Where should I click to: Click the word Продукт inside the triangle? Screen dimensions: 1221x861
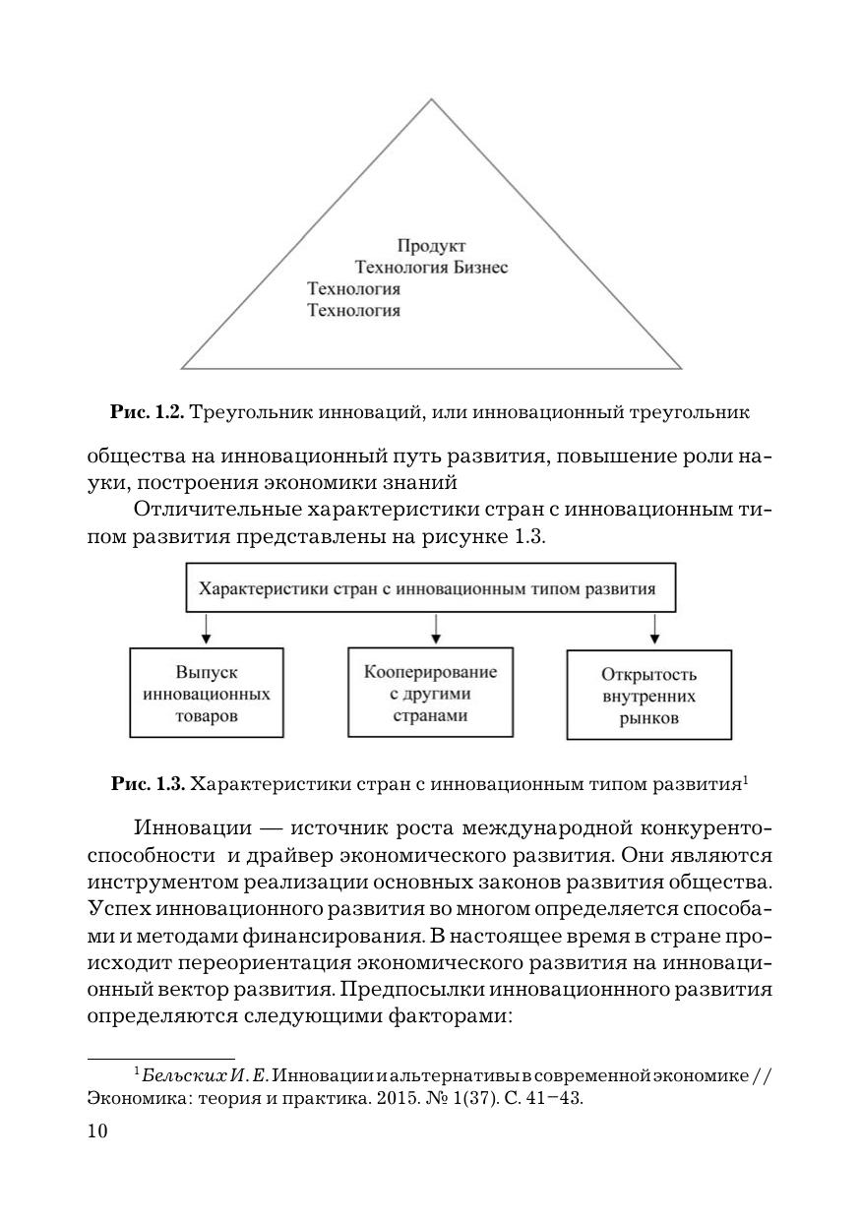(x=431, y=246)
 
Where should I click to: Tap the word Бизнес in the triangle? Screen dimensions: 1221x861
(x=480, y=268)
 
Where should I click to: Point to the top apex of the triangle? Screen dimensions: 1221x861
(x=432, y=99)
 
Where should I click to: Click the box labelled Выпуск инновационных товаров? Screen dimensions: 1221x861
(x=207, y=693)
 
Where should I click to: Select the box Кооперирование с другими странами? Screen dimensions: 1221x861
(x=431, y=692)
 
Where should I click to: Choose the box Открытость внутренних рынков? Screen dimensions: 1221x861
(x=649, y=696)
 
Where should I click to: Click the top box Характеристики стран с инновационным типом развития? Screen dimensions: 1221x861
(x=431, y=589)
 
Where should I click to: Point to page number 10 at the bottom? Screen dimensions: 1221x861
(x=97, y=1131)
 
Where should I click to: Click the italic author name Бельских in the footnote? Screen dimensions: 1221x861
(x=178, y=1075)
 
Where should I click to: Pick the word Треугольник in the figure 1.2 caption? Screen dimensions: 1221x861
(x=245, y=413)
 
